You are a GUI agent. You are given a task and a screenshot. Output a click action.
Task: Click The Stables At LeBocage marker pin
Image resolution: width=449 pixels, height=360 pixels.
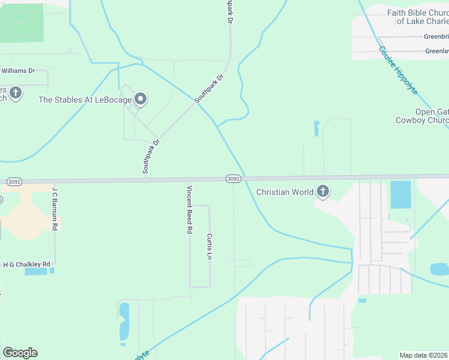pyautogui.click(x=140, y=98)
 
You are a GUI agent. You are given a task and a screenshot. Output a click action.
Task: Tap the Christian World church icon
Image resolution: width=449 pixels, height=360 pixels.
pyautogui.click(x=323, y=192)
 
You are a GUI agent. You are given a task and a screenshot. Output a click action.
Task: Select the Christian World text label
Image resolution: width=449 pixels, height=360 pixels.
pyautogui.click(x=285, y=192)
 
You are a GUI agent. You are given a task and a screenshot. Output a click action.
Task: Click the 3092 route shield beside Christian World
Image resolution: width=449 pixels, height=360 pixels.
pyautogui.click(x=234, y=179)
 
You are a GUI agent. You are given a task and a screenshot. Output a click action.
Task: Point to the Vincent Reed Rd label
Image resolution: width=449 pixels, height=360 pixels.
pyautogui.click(x=189, y=209)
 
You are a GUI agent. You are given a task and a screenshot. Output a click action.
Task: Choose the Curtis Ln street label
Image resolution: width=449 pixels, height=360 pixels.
pyautogui.click(x=209, y=247)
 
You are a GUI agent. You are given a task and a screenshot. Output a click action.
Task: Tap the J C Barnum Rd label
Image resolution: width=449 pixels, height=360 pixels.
pyautogui.click(x=55, y=209)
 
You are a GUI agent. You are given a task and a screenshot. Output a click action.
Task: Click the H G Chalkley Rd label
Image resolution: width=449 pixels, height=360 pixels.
pyautogui.click(x=26, y=264)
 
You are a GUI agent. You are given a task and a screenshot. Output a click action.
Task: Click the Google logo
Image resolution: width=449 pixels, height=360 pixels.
pyautogui.click(x=20, y=353)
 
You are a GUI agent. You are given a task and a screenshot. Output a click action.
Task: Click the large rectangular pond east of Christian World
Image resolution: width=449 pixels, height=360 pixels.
pyautogui.click(x=400, y=194)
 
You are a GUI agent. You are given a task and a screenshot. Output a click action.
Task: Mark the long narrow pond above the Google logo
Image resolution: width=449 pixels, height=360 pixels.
pyautogui.click(x=124, y=322)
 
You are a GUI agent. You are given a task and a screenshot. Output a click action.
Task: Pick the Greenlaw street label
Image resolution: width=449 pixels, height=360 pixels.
pyautogui.click(x=436, y=51)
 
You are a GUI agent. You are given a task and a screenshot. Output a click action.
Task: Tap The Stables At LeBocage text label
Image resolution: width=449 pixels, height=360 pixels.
pyautogui.click(x=85, y=100)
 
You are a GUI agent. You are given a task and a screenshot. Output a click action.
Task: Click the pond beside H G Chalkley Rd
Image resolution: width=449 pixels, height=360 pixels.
pyautogui.click(x=37, y=271)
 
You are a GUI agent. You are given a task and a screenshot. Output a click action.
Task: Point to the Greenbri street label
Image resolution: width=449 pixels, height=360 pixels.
pyautogui.click(x=436, y=37)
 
